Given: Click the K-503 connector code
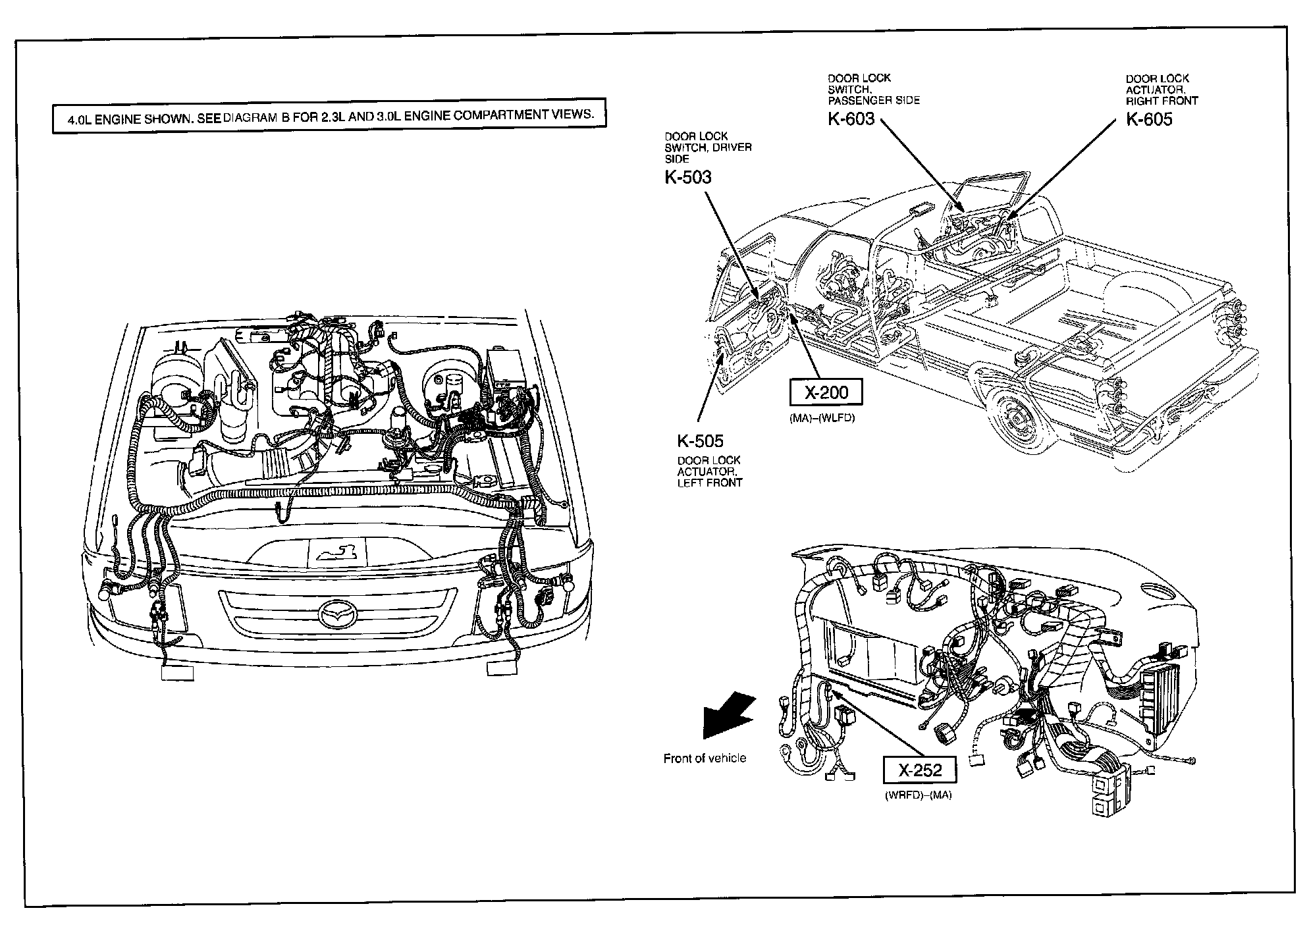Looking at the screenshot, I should click(688, 177).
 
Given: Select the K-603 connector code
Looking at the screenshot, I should click(851, 119).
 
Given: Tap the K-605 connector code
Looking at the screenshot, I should click(1149, 119).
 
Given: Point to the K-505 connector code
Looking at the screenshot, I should click(700, 441).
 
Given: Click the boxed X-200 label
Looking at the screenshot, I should click(826, 393).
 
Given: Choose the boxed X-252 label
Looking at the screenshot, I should click(920, 770).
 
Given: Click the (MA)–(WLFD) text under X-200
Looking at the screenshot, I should click(821, 418).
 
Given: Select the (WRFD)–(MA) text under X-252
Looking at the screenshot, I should click(919, 795).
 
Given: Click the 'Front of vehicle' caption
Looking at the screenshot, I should click(705, 758).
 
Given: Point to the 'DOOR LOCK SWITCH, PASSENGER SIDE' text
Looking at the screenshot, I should click(874, 89).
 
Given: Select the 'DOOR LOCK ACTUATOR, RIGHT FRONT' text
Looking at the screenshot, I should click(1162, 90).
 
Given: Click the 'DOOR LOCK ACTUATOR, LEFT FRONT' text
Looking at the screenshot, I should click(710, 471).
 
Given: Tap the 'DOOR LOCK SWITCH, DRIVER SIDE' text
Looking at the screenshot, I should click(708, 147).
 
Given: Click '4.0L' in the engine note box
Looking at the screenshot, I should click(80, 121).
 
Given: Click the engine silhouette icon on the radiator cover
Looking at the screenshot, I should click(336, 552).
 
